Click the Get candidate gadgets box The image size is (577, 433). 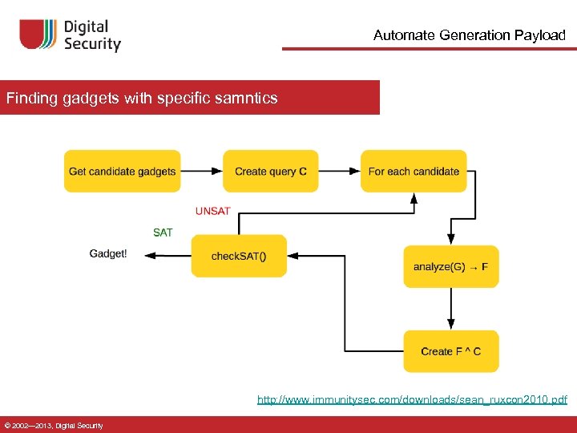122,171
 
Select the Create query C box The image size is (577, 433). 270,171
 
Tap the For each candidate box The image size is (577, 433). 414,171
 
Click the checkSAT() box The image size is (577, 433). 239,256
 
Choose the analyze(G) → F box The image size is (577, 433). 450,266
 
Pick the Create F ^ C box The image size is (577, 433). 450,351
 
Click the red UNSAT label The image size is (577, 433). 212,211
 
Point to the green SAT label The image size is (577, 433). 163,233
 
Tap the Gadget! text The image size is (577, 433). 108,253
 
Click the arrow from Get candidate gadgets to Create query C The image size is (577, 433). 201,171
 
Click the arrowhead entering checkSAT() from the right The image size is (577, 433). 293,256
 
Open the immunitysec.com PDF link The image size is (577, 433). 411,399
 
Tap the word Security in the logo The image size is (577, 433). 92,44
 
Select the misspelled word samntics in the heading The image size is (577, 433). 245,99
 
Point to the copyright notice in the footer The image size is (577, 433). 53,425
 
